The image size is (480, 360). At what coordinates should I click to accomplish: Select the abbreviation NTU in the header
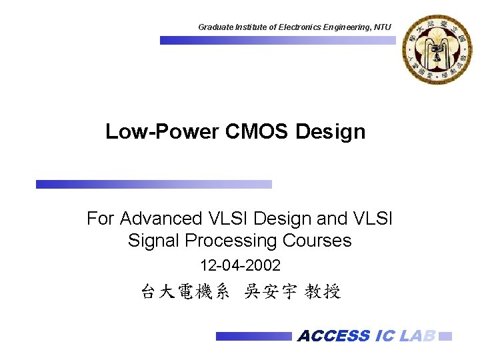pyautogui.click(x=383, y=27)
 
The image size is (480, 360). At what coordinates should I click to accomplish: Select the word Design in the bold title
pyautogui.click(x=331, y=131)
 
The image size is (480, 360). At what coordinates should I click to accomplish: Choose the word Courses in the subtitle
pyautogui.click(x=317, y=240)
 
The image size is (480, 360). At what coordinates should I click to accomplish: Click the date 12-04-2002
pyautogui.click(x=240, y=266)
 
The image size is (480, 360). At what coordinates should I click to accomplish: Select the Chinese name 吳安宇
pyautogui.click(x=270, y=292)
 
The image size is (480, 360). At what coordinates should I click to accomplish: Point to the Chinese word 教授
pyautogui.click(x=323, y=292)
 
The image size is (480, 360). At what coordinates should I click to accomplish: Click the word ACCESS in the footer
pyautogui.click(x=333, y=336)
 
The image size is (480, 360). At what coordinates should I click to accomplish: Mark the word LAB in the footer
pyautogui.click(x=417, y=336)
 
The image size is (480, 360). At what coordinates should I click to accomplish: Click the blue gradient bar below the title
pyautogui.click(x=154, y=184)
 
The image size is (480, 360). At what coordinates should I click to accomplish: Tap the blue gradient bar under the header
pyautogui.click(x=277, y=40)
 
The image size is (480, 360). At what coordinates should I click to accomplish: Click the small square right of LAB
pyautogui.click(x=447, y=336)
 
